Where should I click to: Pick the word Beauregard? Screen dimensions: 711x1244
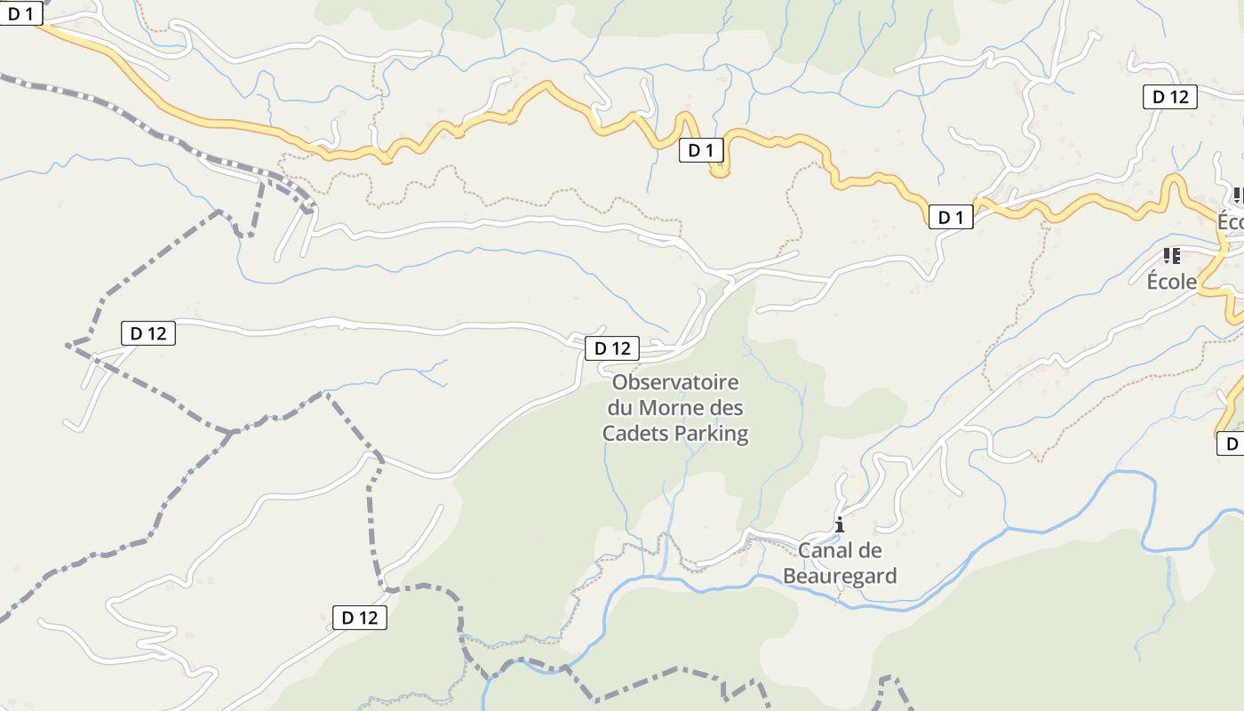click(x=840, y=576)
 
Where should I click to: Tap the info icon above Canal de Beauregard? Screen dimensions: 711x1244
click(x=839, y=524)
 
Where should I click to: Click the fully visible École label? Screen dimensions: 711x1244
click(x=1172, y=282)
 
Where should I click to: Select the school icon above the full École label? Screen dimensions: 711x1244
click(x=1171, y=256)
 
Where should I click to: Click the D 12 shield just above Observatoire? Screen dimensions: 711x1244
click(x=612, y=348)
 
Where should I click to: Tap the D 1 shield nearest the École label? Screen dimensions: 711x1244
click(x=951, y=217)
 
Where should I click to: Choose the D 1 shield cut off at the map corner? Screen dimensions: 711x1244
click(x=20, y=13)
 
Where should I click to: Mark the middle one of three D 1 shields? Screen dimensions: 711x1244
click(x=701, y=150)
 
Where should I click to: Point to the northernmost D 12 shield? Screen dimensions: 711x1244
click(x=1169, y=97)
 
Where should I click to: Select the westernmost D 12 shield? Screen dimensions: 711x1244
click(x=148, y=333)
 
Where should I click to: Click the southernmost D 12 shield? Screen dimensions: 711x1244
click(x=360, y=618)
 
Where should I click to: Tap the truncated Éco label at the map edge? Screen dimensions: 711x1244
click(x=1231, y=222)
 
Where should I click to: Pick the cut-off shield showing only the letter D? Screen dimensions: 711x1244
click(x=1231, y=443)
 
